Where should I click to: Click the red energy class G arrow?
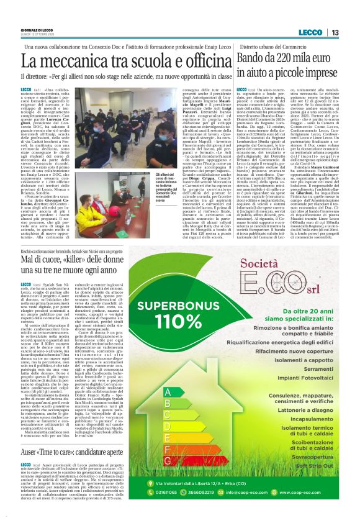[x=168, y=460]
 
